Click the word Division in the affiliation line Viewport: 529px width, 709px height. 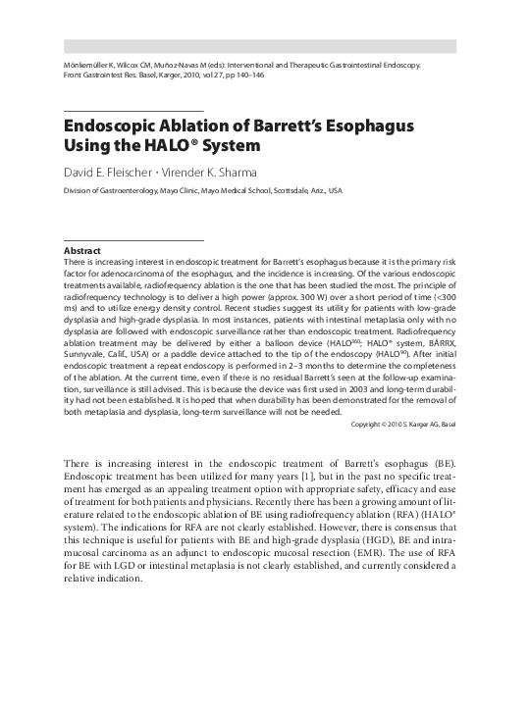coord(78,190)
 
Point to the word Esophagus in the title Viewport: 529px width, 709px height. coord(370,127)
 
